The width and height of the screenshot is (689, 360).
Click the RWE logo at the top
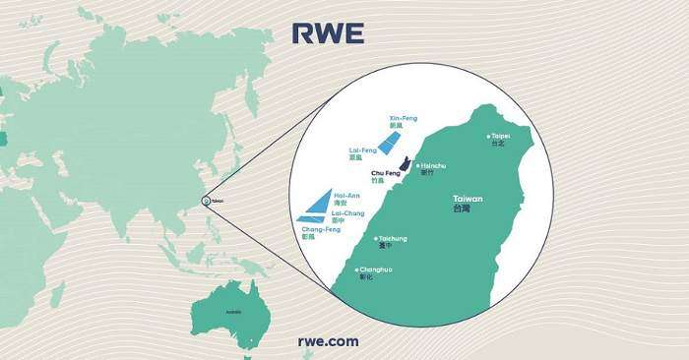click(x=328, y=33)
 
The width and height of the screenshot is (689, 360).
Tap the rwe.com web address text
click(x=328, y=341)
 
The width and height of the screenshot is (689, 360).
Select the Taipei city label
click(x=500, y=135)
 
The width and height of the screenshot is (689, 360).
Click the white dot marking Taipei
click(x=488, y=136)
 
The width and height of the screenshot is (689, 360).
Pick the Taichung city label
click(x=394, y=238)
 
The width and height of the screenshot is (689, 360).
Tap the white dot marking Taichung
click(x=377, y=238)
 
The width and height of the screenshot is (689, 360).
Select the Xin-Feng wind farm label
click(x=404, y=118)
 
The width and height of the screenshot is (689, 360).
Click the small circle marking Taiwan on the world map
click(x=205, y=200)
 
